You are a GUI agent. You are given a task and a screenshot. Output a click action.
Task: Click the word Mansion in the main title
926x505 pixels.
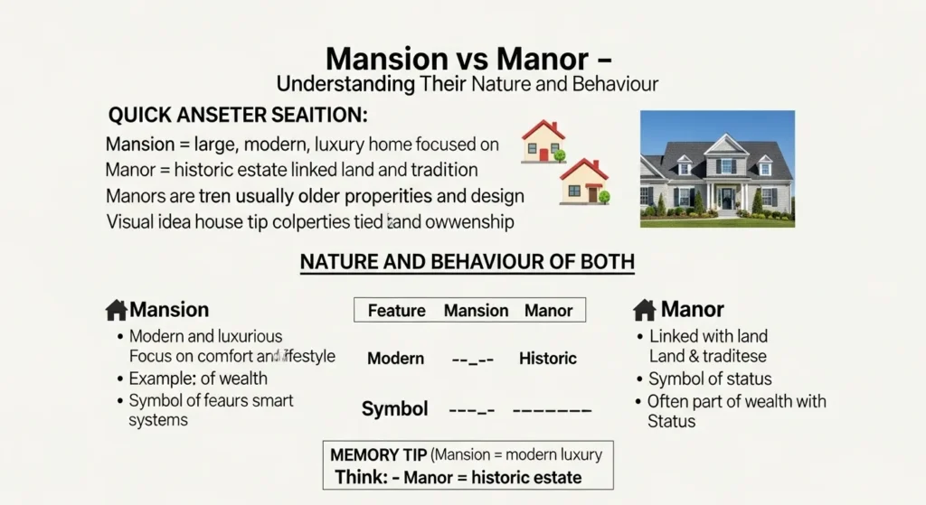point(388,59)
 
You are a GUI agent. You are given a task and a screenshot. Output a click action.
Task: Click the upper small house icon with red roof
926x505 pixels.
point(543,142)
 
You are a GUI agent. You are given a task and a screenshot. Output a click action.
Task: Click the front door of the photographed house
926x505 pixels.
point(726,198)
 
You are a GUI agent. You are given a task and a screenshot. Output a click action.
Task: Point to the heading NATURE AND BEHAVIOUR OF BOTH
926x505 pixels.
point(467,262)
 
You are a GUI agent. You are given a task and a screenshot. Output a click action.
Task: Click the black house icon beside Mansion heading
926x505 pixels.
point(116,311)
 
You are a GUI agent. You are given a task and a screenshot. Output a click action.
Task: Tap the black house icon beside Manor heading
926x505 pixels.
point(644,311)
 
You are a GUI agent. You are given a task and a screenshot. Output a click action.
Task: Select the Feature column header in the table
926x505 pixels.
point(396,311)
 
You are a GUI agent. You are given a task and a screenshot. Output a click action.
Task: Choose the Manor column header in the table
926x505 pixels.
point(548,311)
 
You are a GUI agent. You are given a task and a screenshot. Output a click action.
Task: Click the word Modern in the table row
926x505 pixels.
point(395,359)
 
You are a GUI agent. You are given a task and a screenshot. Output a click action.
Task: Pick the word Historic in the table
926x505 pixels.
point(547,359)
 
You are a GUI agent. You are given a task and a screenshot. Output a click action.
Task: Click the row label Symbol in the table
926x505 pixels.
point(394,408)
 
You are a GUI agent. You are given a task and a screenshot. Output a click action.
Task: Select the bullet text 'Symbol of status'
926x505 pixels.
point(710,379)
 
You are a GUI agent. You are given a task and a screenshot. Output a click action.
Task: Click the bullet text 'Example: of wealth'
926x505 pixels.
point(198,379)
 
